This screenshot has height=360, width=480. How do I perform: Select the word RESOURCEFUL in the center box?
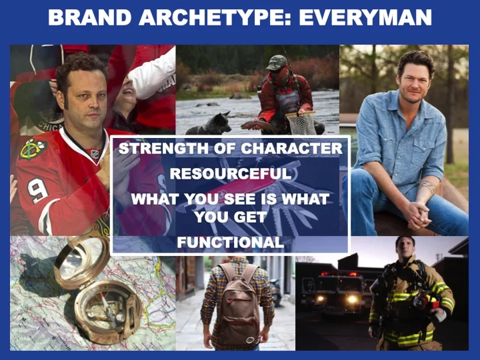[231, 174]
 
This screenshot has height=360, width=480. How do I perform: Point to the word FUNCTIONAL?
[231, 243]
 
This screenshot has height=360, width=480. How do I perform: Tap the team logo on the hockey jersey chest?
[29, 149]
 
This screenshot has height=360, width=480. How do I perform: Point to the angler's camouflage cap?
[277, 63]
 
